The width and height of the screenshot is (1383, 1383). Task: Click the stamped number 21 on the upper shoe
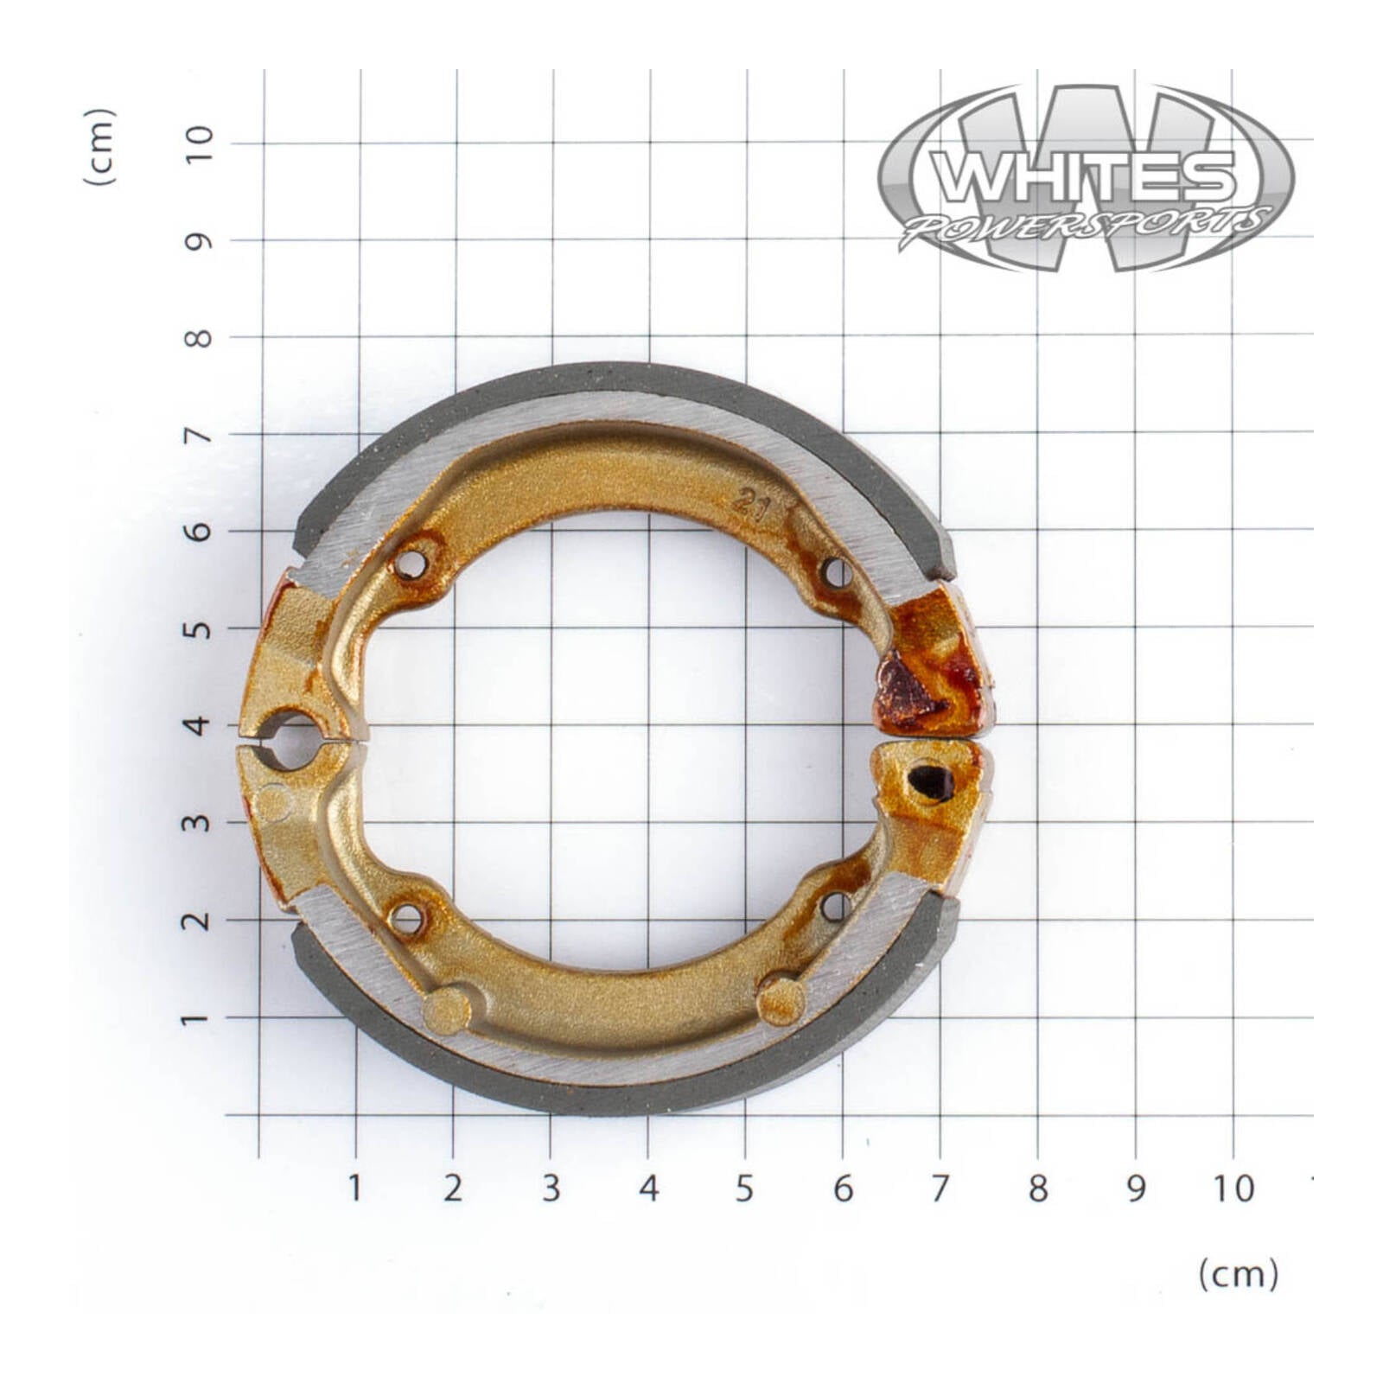point(750,504)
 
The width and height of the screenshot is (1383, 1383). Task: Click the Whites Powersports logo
point(1087,179)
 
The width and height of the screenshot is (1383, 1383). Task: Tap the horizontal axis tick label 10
point(1233,1189)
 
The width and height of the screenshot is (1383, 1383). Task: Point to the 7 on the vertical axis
point(199,435)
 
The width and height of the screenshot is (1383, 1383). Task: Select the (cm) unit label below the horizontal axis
point(1238,1274)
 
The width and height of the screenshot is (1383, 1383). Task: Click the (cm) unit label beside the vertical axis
point(99,147)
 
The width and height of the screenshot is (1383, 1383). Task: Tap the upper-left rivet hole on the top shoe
point(411,564)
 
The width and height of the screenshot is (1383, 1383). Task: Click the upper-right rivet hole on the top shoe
point(836,572)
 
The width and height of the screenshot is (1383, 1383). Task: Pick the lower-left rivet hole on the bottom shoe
point(406,919)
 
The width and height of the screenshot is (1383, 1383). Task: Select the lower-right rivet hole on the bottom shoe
point(835,906)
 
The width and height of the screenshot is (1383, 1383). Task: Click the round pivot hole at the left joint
point(291,740)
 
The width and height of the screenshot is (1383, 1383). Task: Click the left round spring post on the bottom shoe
point(447,1010)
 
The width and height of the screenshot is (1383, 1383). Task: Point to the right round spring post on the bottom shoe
point(781,1000)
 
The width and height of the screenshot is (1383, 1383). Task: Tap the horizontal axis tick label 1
point(354,1189)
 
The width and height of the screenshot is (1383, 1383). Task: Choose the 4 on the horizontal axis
point(648,1189)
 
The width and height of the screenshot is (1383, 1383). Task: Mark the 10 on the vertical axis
point(199,143)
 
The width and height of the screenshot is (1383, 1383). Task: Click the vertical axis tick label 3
point(199,822)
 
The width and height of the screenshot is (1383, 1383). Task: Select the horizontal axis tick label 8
point(1037,1189)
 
